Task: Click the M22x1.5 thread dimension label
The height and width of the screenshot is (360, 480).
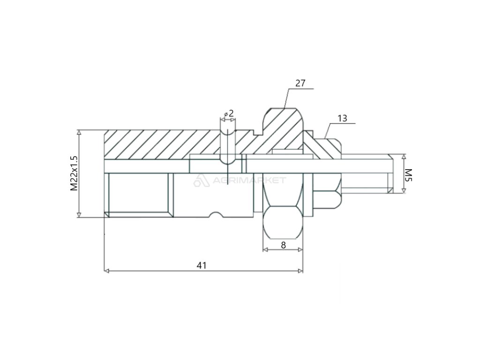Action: click(x=74, y=173)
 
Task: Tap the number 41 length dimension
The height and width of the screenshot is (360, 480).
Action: click(x=202, y=265)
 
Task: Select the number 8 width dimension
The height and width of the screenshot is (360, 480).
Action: click(x=283, y=245)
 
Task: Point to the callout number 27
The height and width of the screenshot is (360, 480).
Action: click(x=300, y=83)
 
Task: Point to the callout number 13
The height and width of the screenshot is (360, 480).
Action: click(x=342, y=118)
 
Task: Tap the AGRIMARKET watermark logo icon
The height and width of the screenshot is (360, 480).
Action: click(x=200, y=181)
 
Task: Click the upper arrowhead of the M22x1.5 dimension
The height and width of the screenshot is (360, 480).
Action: click(x=79, y=133)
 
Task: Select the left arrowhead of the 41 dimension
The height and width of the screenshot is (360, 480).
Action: click(x=106, y=271)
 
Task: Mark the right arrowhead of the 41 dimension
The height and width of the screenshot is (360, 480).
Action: click(x=300, y=271)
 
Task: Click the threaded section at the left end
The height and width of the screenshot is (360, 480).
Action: click(x=138, y=195)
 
